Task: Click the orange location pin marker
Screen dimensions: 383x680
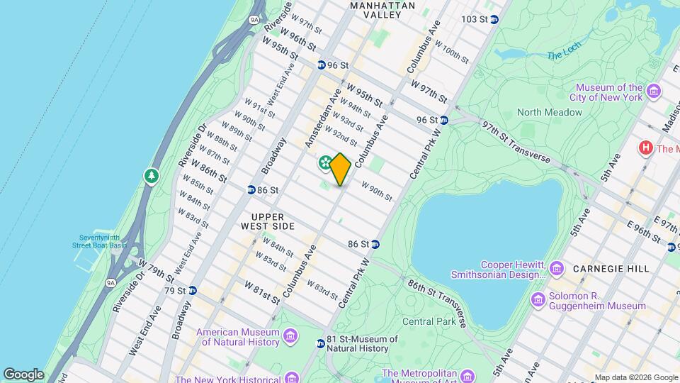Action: point(340,169)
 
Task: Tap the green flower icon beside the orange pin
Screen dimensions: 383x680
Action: point(325,164)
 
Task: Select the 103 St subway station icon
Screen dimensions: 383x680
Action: point(494,19)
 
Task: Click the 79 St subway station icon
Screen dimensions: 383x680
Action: point(193,291)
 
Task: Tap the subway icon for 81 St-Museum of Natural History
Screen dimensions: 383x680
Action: point(320,343)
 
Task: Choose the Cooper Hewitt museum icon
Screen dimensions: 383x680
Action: point(557,268)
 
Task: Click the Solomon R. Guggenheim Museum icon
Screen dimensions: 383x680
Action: point(538,300)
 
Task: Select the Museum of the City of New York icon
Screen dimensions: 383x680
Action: point(653,92)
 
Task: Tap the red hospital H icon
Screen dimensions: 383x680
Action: point(645,148)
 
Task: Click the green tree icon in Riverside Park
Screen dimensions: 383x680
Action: point(151,175)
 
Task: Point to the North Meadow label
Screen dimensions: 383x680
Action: point(549,112)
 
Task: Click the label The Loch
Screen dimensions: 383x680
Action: point(564,55)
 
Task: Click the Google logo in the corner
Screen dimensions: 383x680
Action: point(23,374)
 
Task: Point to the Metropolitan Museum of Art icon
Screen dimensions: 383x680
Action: point(467,375)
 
